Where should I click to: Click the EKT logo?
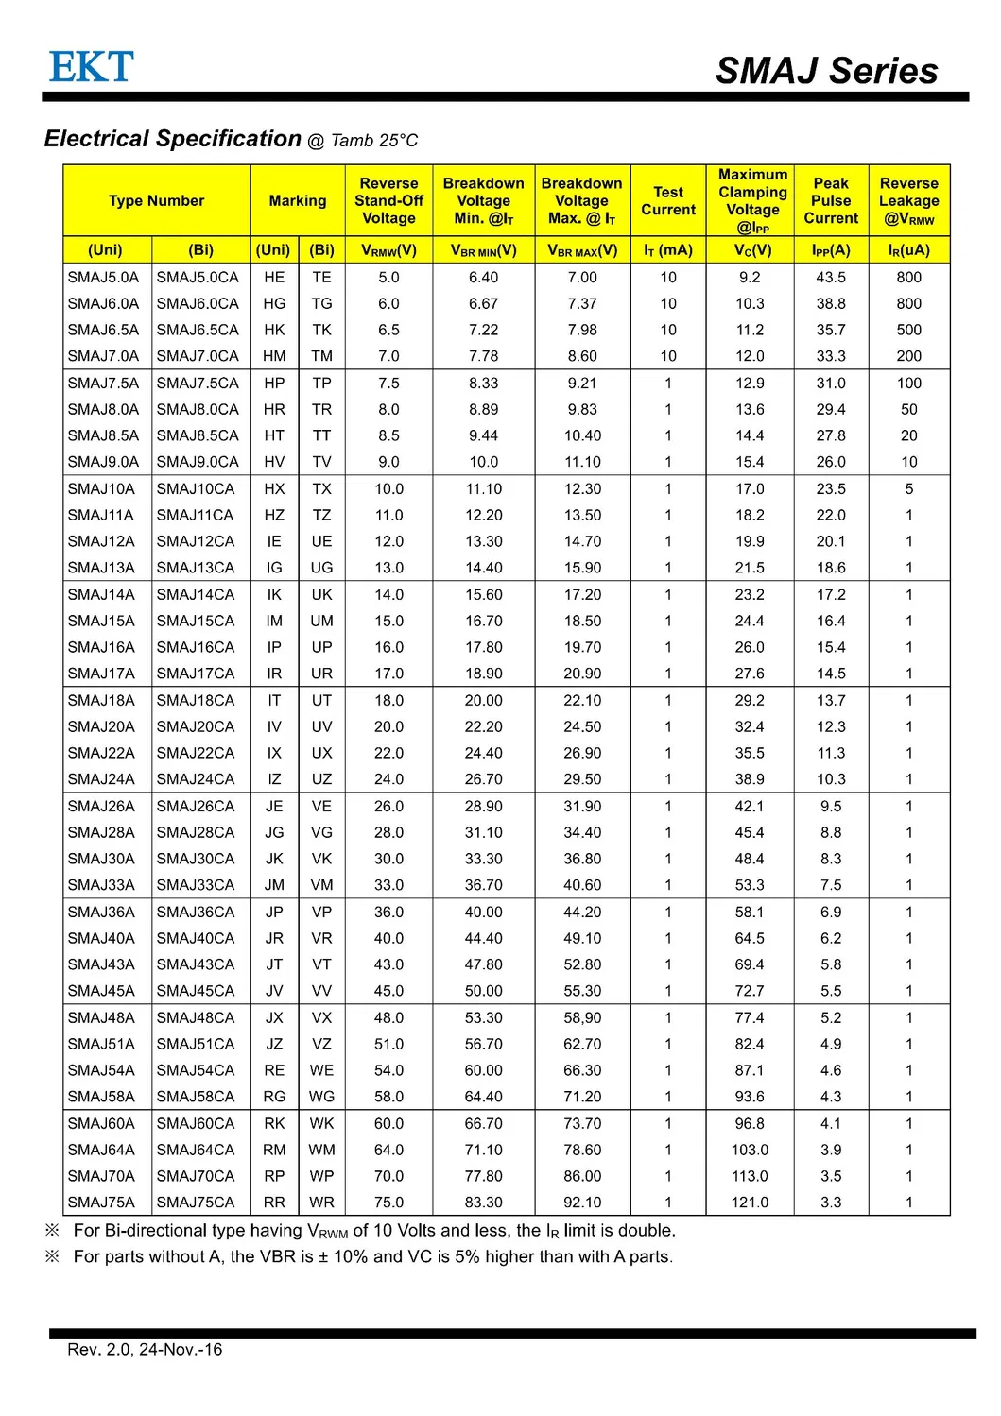(91, 67)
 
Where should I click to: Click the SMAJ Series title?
(826, 71)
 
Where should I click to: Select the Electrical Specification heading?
(173, 139)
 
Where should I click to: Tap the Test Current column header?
(668, 200)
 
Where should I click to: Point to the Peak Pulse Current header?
(831, 200)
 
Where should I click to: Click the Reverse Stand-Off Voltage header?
(388, 200)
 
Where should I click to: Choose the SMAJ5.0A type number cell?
(103, 277)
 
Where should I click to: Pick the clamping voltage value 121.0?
(750, 1203)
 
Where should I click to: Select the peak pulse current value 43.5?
(831, 277)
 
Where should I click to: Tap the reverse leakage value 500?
(908, 330)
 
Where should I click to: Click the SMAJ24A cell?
(101, 779)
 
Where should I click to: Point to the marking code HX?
(274, 488)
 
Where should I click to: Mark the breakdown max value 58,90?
(582, 1017)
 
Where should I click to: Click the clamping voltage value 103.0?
(750, 1150)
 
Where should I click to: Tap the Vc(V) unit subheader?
(752, 250)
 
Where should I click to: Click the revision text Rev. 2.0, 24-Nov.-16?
(145, 1349)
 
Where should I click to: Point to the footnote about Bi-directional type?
(374, 1231)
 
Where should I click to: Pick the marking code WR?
(321, 1203)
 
